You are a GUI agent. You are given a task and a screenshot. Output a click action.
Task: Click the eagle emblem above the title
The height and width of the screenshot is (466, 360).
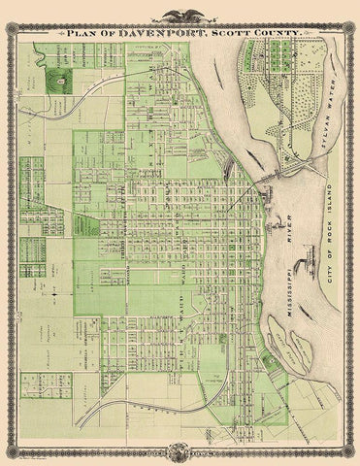180,15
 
